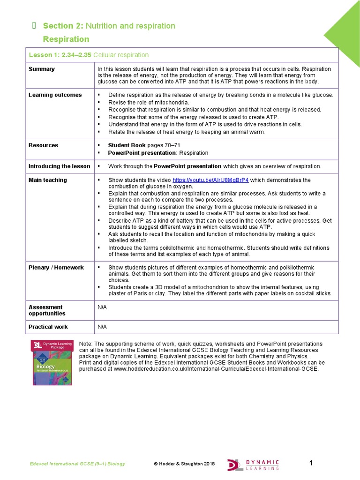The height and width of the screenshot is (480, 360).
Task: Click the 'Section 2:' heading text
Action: tap(58, 26)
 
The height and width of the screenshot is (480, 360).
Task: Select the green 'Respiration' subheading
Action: tap(66, 39)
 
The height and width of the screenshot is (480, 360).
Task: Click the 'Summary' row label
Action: tap(42, 69)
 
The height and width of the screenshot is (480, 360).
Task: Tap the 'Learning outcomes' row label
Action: tap(55, 95)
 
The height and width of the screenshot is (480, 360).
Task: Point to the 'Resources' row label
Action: tap(44, 145)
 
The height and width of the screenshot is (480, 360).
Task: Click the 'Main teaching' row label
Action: tap(48, 180)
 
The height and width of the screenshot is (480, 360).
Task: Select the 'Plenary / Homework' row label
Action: tap(56, 268)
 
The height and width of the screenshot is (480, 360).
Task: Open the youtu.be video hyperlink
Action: tap(210, 180)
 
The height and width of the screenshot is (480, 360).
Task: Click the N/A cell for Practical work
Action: tap(102, 327)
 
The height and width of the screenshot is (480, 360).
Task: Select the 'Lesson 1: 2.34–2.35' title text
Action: tap(60, 55)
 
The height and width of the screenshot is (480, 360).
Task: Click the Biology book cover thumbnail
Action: tap(52, 363)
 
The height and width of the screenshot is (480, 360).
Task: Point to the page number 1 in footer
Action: tap(311, 463)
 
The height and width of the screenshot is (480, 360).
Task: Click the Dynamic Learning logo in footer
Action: tap(253, 464)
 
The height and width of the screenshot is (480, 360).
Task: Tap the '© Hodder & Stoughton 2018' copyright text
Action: tap(184, 464)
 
